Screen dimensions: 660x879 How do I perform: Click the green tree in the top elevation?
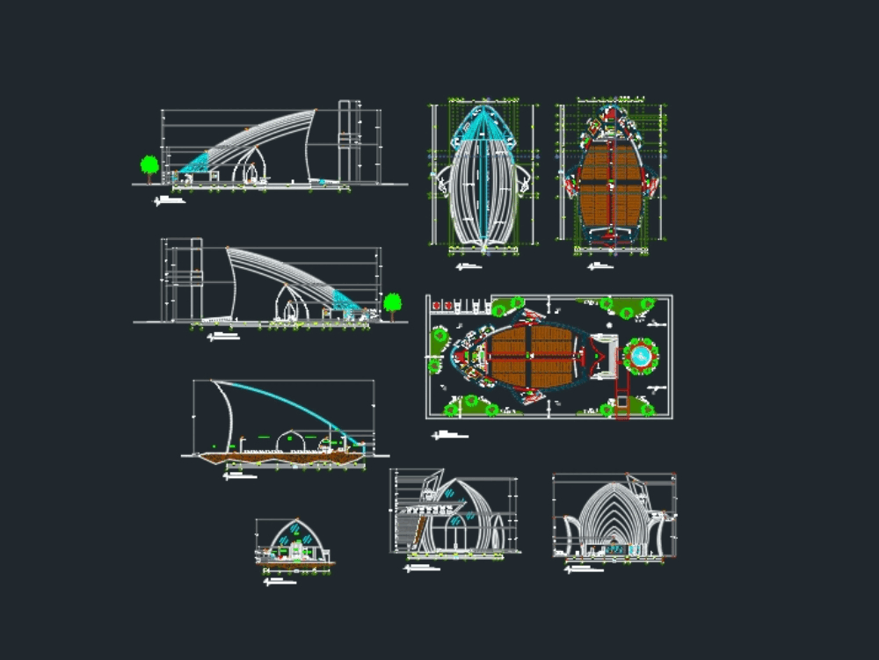tap(149, 164)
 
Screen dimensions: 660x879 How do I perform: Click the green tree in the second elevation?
tap(392, 303)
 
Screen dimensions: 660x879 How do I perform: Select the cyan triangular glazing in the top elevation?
tap(197, 163)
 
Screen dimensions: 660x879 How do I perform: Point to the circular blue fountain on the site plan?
tap(641, 355)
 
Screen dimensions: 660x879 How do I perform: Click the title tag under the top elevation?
tap(171, 201)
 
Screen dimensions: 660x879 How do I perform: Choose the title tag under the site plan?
tap(450, 435)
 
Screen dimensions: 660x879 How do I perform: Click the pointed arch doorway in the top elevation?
tap(255, 167)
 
